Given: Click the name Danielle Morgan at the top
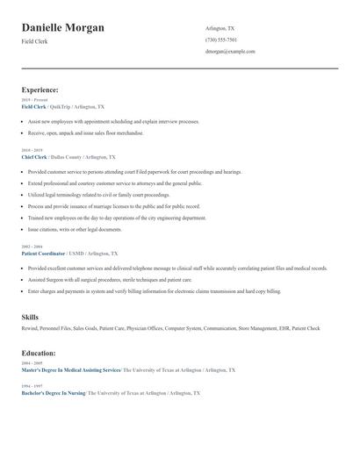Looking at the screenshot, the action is pos(62,28).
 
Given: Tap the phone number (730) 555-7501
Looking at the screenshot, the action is pos(221,39).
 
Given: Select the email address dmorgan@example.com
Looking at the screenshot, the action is pos(230,51).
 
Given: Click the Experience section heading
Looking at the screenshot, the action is pos(40,89).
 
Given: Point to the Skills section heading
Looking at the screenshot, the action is pos(31,316).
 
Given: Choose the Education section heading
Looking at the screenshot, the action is pos(39,353).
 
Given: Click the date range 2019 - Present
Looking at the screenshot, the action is pos(34,100).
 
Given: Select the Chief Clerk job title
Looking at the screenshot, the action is pos(34,156).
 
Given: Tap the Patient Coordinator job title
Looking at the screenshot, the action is pos(46,253).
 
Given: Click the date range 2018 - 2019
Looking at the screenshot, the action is pos(31,150).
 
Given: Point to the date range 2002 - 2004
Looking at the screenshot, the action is pos(31,247).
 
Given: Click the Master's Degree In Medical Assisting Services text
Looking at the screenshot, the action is pos(70,370).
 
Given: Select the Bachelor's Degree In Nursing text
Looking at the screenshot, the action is pos(53,393).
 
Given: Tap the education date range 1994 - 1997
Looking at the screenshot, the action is pos(31,386).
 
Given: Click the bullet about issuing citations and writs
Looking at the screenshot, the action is pos(75,229).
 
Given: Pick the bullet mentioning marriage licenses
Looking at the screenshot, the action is pos(114,206).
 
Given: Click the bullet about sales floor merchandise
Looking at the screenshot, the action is pos(85,133).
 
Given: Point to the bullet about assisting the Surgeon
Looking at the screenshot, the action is pos(110,279).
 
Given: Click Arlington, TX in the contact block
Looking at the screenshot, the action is pos(220,28).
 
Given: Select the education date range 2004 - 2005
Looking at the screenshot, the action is pos(31,363).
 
